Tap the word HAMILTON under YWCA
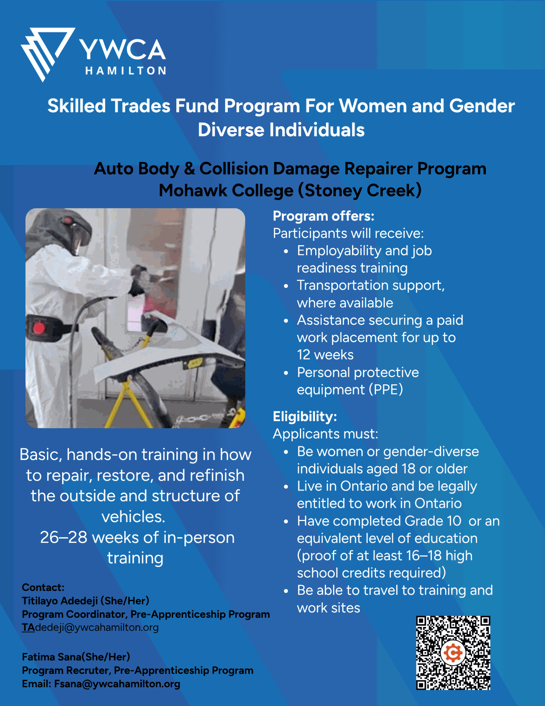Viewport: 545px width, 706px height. click(x=126, y=71)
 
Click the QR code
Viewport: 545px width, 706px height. click(x=453, y=653)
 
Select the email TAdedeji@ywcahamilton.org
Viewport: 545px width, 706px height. click(x=90, y=627)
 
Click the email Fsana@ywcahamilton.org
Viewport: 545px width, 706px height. click(x=117, y=684)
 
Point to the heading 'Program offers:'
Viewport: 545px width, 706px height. click(x=323, y=216)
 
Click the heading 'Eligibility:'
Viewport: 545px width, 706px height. click(x=305, y=417)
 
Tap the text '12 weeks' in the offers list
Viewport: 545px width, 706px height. click(x=325, y=355)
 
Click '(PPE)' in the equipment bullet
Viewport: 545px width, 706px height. click(x=386, y=390)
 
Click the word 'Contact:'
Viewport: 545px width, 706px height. click(x=43, y=587)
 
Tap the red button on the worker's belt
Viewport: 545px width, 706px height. click(x=39, y=327)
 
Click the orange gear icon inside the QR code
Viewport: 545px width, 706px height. click(x=453, y=653)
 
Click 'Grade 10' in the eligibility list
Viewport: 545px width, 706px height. click(x=433, y=521)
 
